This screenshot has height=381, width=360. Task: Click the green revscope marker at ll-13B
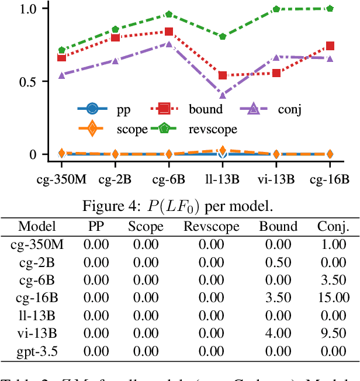[x=222, y=36]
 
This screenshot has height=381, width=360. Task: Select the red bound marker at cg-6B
[x=169, y=32]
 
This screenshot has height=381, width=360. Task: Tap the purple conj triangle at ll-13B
[x=222, y=95]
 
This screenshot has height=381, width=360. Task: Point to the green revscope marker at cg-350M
[x=62, y=50]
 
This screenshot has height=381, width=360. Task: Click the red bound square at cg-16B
[x=330, y=46]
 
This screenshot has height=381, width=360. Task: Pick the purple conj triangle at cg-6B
[x=169, y=44]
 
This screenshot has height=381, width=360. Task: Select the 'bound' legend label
[x=205, y=109]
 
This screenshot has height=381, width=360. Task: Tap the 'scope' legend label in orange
[x=131, y=129]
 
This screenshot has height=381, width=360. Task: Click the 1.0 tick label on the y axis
[x=20, y=9]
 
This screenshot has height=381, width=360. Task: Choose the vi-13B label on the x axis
[x=276, y=179]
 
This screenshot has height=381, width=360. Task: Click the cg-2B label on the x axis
[x=115, y=179]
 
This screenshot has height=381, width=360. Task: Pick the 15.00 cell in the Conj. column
[x=334, y=298]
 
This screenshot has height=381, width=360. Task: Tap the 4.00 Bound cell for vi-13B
[x=278, y=334]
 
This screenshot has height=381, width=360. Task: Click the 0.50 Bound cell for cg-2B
[x=278, y=262]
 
